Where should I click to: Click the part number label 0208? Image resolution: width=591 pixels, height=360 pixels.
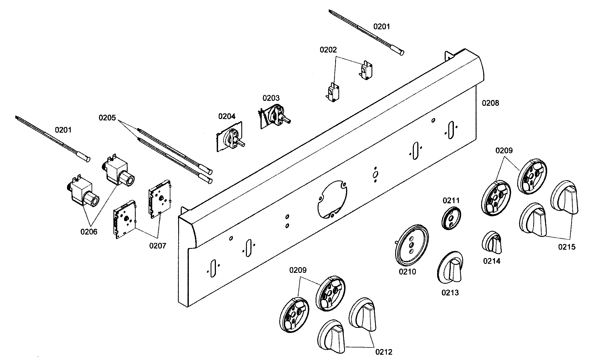(490, 103)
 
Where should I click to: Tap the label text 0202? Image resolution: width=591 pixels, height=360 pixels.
(328, 50)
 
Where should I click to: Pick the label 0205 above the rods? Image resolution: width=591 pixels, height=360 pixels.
(107, 118)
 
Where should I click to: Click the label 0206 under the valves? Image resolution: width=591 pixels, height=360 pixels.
(89, 232)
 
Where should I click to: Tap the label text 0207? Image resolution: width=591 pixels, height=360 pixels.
(158, 246)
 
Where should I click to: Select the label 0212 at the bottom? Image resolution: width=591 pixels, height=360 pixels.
(384, 352)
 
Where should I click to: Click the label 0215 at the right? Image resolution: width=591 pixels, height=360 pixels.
(567, 247)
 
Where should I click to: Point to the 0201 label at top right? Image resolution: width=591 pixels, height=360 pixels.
(382, 27)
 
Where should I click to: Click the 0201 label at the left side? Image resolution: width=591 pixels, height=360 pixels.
(63, 130)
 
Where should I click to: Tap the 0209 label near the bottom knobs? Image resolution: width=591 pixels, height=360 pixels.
(298, 270)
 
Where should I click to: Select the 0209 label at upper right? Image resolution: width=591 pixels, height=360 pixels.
(504, 151)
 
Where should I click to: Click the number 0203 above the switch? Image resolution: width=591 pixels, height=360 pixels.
(271, 98)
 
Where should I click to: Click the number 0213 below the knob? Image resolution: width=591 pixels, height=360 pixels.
(450, 293)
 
